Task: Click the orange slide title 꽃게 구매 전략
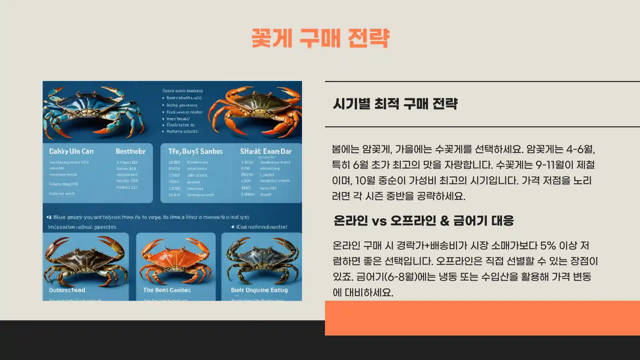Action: click(320, 38)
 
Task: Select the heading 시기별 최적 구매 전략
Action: click(395, 104)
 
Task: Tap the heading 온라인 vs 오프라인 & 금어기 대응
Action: click(424, 221)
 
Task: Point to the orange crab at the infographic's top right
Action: click(255, 110)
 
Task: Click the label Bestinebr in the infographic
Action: click(130, 151)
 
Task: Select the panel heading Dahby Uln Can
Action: click(71, 151)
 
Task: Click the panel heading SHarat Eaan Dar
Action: click(266, 151)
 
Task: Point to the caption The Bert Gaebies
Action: click(167, 290)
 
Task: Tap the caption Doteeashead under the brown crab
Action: click(67, 290)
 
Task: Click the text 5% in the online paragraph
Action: click(548, 246)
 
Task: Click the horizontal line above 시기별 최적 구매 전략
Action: click(482, 81)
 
